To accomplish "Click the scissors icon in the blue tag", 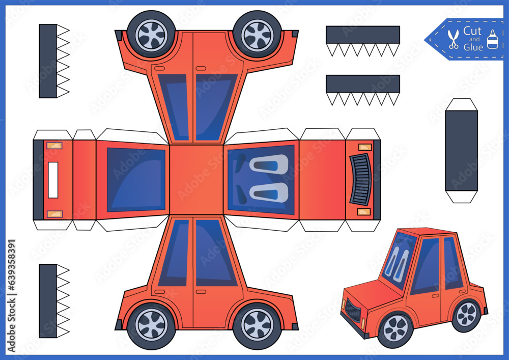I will pyautogui.click(x=453, y=39).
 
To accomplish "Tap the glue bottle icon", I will pyautogui.click(x=492, y=39).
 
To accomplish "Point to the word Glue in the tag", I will pyautogui.click(x=473, y=47).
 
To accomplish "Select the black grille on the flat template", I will pyautogui.click(x=361, y=180).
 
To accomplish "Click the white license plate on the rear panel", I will pyautogui.click(x=53, y=180).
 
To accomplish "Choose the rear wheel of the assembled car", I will pyautogui.click(x=466, y=314).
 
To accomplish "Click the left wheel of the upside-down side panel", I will pyautogui.click(x=151, y=34).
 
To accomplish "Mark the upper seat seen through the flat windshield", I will pyautogui.click(x=269, y=165).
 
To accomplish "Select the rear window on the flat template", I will pyautogui.click(x=136, y=179).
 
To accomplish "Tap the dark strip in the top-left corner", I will pyautogui.click(x=48, y=61).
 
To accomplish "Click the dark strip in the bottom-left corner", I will pyautogui.click(x=48, y=300).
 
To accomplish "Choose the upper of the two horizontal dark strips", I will pyautogui.click(x=362, y=35).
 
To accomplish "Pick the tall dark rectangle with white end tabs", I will pyautogui.click(x=461, y=151).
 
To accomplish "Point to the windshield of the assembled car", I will pyautogui.click(x=398, y=260).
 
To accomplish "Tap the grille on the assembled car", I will pyautogui.click(x=352, y=312).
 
